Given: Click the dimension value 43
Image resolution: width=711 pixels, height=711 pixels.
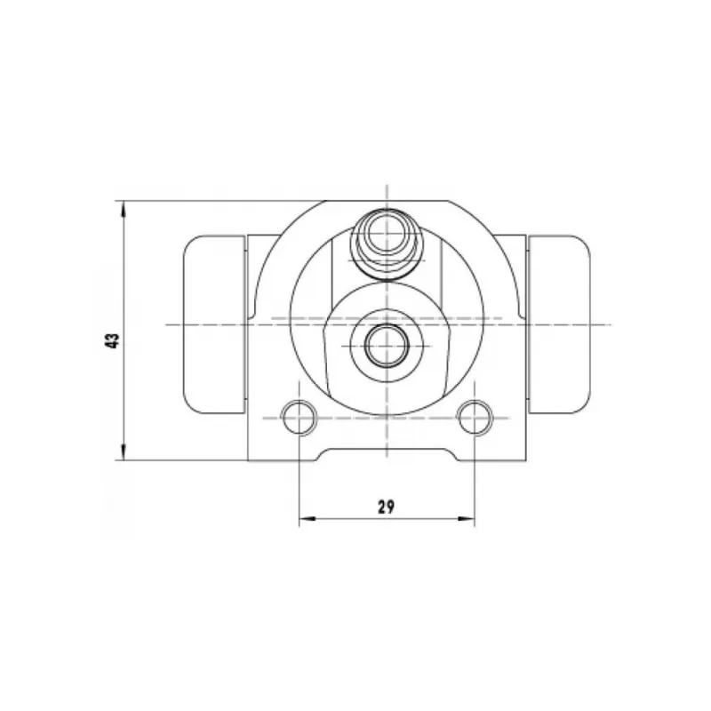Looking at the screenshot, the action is [x=112, y=340].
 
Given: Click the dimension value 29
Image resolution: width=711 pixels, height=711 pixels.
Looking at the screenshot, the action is [x=386, y=507].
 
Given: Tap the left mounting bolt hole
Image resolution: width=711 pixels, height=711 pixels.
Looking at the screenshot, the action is [x=299, y=418].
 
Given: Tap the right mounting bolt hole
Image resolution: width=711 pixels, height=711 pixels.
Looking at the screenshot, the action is [x=475, y=418].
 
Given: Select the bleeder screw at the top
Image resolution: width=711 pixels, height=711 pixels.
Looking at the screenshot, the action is [x=387, y=244].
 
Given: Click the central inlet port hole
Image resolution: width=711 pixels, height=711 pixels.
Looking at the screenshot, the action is [x=387, y=346].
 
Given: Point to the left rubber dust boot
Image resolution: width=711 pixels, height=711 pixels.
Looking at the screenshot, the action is [x=214, y=324].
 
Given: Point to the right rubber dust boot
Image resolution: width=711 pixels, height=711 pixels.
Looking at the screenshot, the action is [x=560, y=324].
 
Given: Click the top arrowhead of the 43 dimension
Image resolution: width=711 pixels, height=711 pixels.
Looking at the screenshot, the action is [x=124, y=210].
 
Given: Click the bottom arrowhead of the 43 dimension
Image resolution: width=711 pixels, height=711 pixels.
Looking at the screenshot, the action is [x=124, y=451].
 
